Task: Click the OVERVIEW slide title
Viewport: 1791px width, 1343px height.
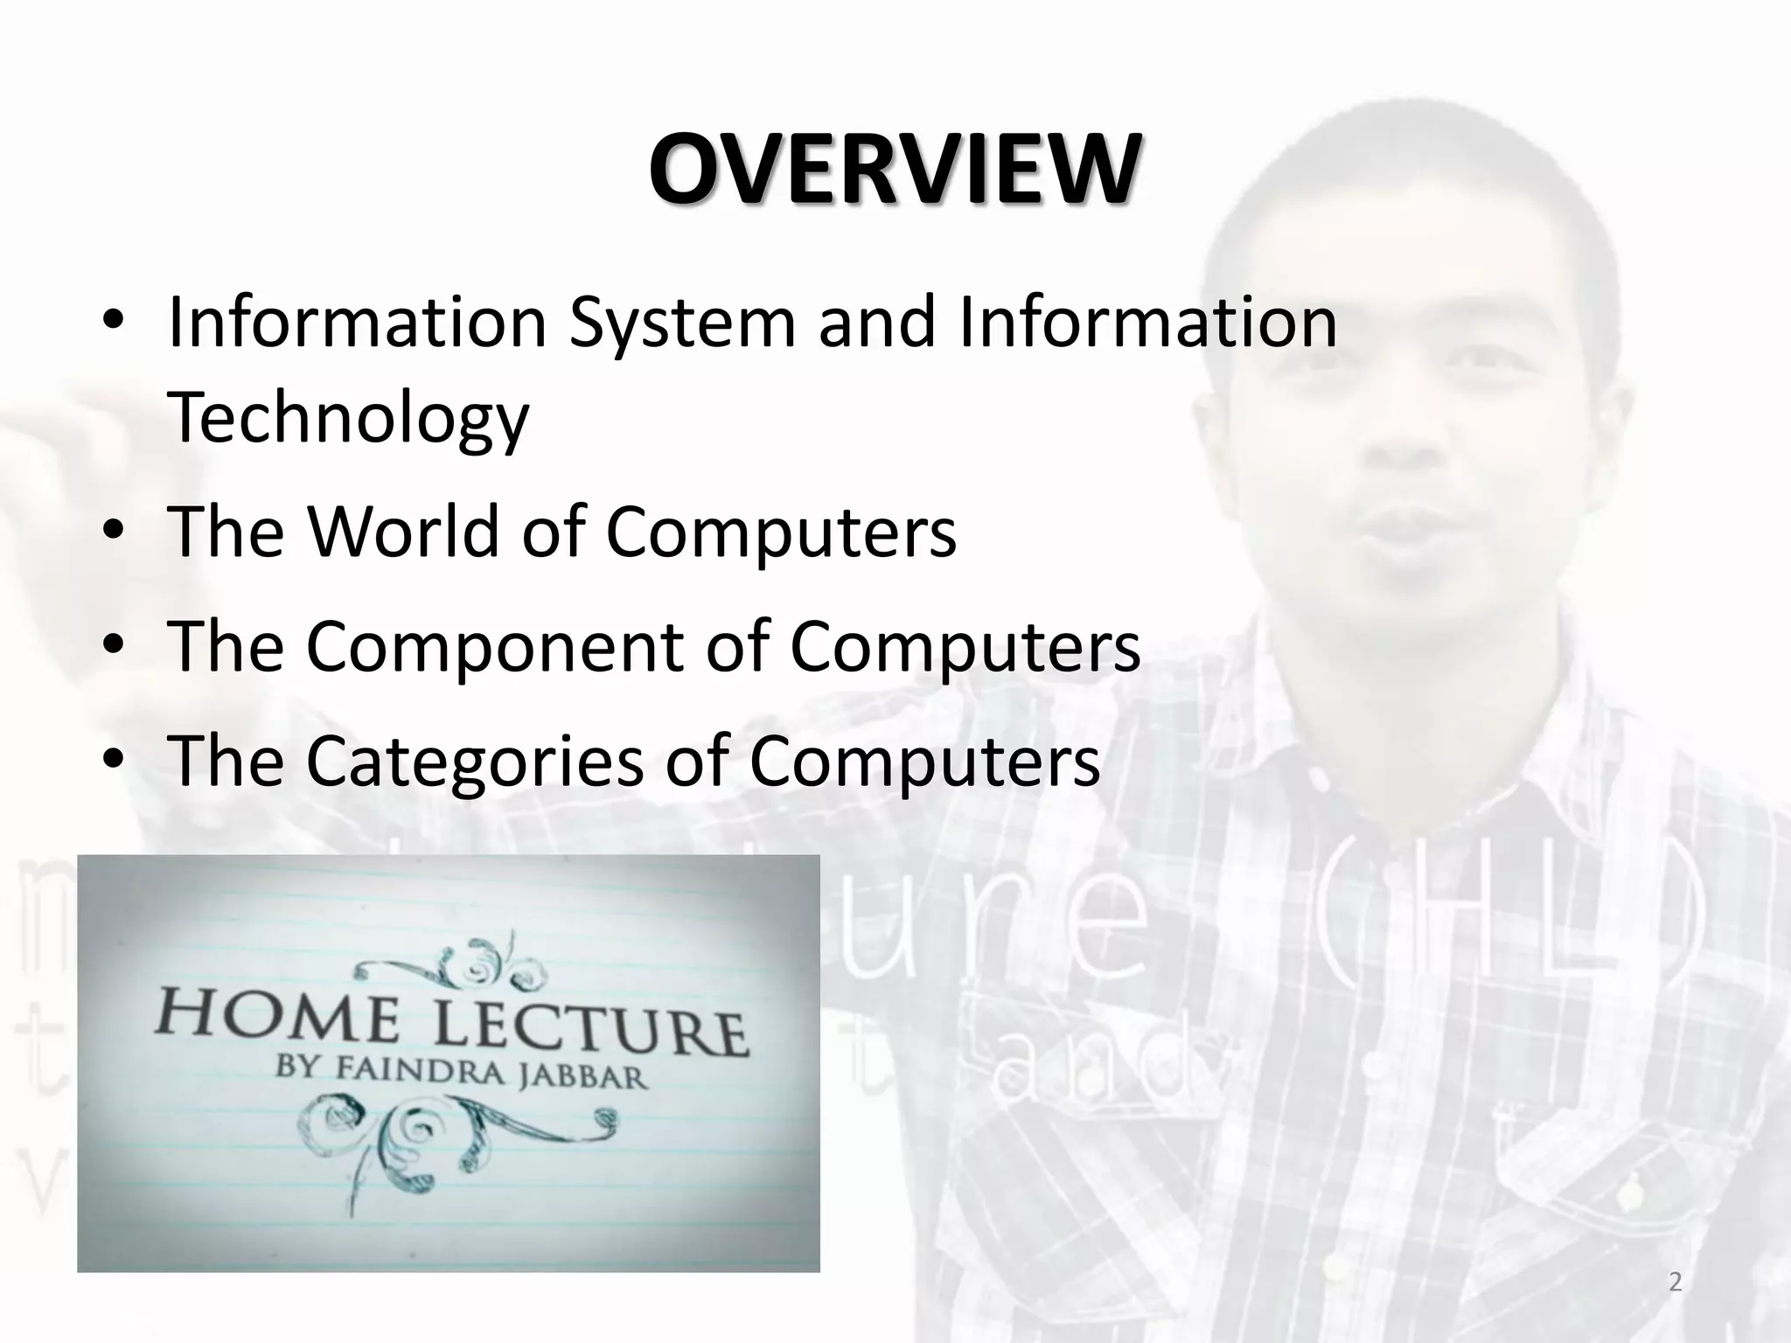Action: (x=894, y=170)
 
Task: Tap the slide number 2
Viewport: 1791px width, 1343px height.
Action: (x=1675, y=1283)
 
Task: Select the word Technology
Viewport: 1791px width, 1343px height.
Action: (x=348, y=418)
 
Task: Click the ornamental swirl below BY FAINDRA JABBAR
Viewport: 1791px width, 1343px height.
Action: (x=455, y=1137)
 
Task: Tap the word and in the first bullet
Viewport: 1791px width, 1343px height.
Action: (x=878, y=323)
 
